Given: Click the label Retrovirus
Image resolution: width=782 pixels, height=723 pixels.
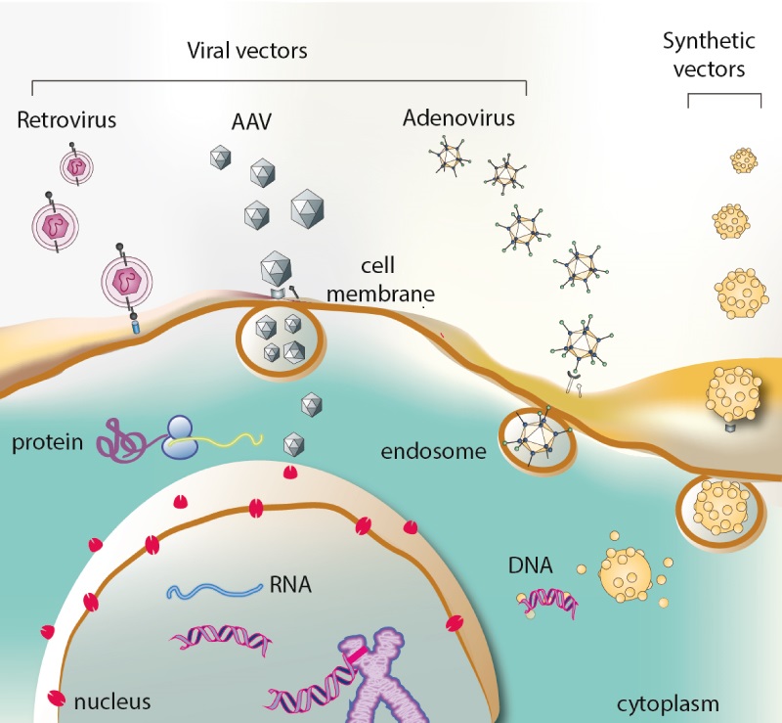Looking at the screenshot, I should coord(66,120).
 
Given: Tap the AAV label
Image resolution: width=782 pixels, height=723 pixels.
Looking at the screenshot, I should coord(252,120).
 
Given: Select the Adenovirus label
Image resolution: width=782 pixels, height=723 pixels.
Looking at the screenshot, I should coord(458,119).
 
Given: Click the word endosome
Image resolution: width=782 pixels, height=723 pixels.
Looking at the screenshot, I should coord(433,451).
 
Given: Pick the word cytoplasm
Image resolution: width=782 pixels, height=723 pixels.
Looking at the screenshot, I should coord(667,702).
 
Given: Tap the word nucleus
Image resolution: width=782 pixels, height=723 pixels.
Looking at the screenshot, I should coord(112,700).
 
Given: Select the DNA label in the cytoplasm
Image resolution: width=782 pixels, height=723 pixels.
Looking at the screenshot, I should coord(529,565).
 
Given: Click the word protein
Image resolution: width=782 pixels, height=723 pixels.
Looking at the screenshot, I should coord(46,443).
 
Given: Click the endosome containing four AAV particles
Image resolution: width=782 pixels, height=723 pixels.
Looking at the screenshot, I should coord(279,338).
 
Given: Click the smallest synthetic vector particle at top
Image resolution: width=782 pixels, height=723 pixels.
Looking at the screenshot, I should coord(744,159).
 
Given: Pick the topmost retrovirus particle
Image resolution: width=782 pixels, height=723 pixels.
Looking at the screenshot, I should coord(75,167).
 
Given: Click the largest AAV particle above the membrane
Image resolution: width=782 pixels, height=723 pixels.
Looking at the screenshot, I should coord(307,209).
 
